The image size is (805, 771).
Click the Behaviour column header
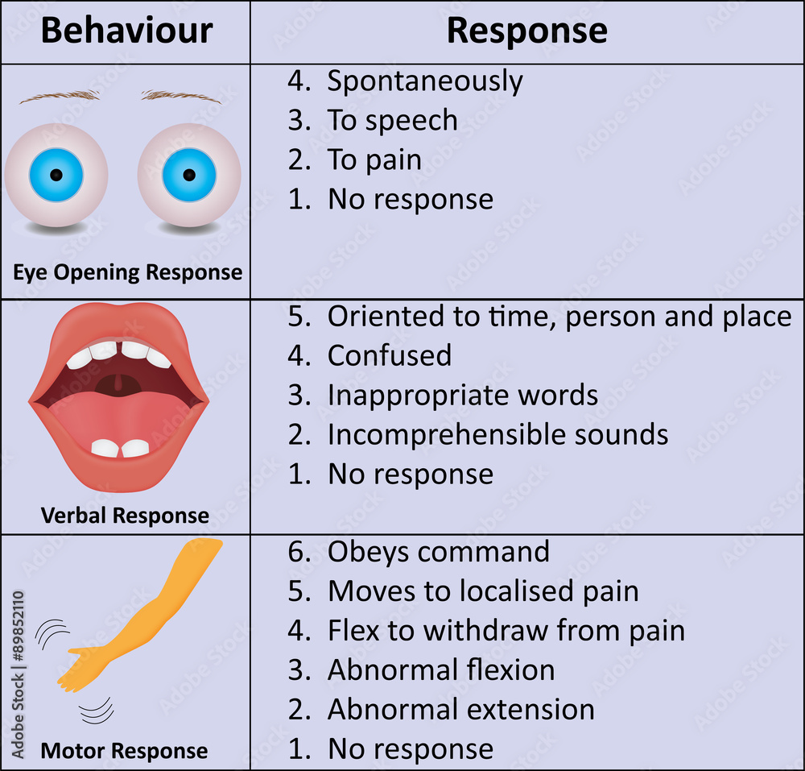pyautogui.click(x=126, y=31)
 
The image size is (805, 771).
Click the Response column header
pyautogui.click(x=526, y=31)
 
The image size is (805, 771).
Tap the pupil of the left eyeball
pyautogui.click(x=56, y=175)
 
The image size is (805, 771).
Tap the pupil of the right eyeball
pyautogui.click(x=189, y=175)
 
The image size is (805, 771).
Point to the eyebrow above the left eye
pyautogui.click(x=60, y=96)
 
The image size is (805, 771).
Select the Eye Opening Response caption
pyautogui.click(x=127, y=272)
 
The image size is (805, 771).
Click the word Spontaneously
pyautogui.click(x=424, y=81)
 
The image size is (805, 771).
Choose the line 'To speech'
pyautogui.click(x=392, y=120)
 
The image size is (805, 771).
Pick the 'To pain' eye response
pyautogui.click(x=374, y=160)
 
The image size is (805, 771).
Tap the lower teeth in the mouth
pyautogui.click(x=120, y=448)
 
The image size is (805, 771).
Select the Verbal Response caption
pyautogui.click(x=125, y=516)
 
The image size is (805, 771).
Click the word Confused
pyautogui.click(x=389, y=355)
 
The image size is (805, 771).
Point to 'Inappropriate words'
pyautogui.click(x=462, y=395)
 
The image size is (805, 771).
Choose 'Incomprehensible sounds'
pyautogui.click(x=497, y=434)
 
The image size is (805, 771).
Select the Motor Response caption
pyautogui.click(x=125, y=751)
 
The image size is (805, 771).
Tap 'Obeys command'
pyautogui.click(x=438, y=552)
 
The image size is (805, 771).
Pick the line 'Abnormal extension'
pyautogui.click(x=460, y=710)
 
